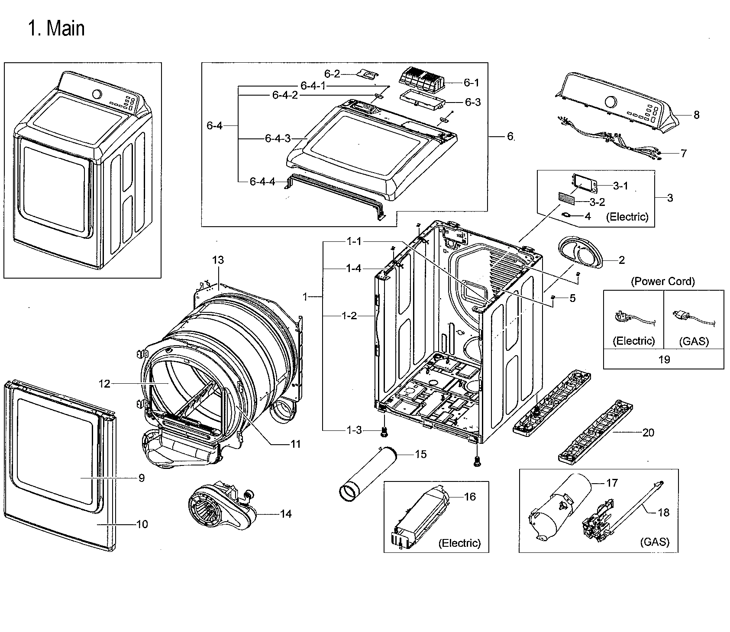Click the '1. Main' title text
[56, 29]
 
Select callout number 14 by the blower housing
[286, 514]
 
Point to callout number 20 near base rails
[648, 433]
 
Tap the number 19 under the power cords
[664, 359]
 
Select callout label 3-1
[620, 186]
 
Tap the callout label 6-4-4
[262, 182]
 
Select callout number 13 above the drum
[218, 260]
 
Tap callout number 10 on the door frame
[142, 524]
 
